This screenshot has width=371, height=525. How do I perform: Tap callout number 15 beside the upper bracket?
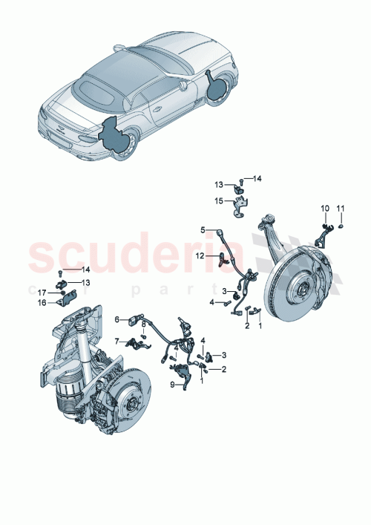(x=220, y=200)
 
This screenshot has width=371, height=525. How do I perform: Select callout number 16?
(x=171, y=384)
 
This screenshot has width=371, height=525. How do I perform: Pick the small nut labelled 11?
(x=341, y=226)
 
